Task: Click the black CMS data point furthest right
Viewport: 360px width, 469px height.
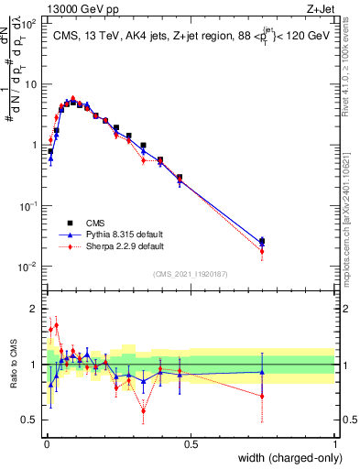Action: click(x=263, y=241)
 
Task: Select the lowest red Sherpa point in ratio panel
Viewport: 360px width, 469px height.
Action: click(x=144, y=410)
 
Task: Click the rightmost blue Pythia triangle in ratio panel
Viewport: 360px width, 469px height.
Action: click(x=263, y=372)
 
